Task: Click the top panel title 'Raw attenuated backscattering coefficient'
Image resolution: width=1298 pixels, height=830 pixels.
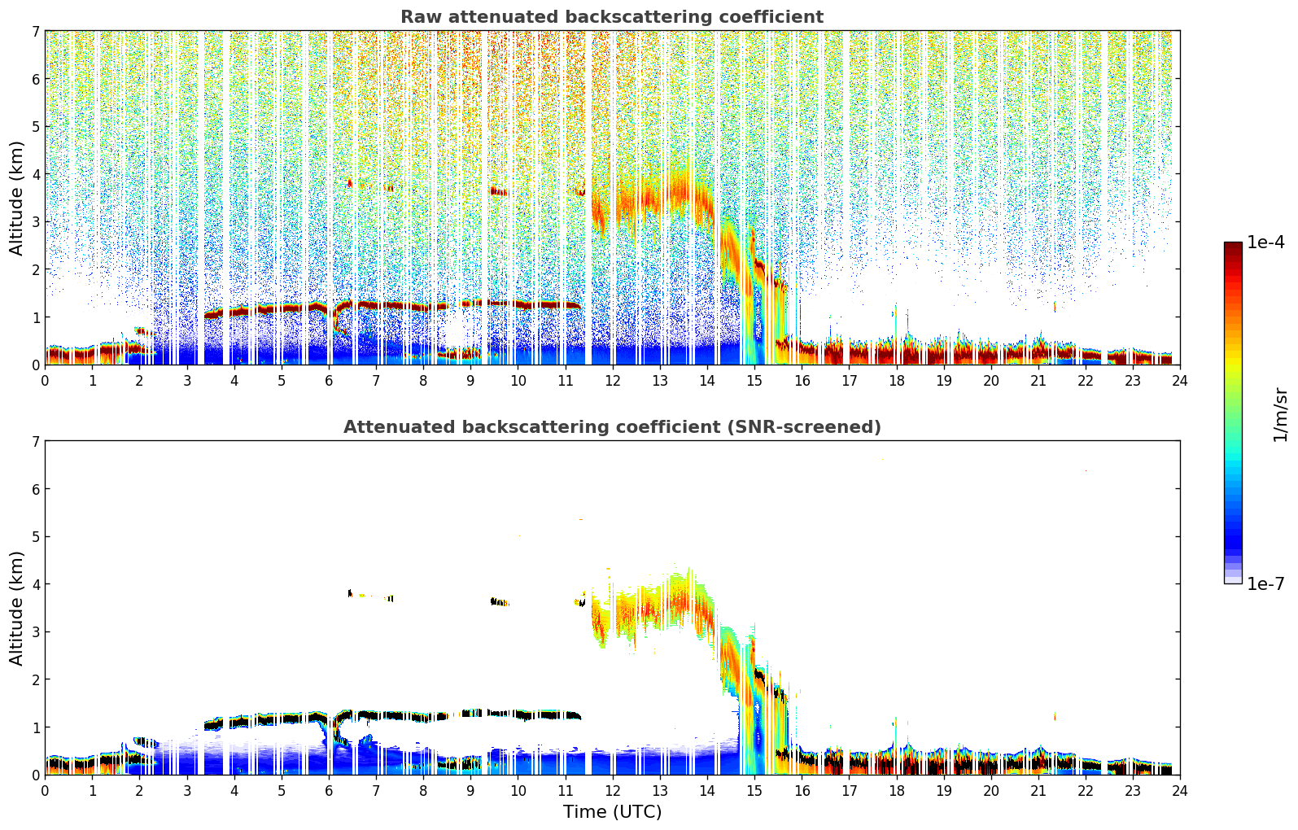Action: (611, 17)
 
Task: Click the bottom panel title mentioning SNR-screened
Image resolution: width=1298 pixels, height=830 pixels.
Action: (611, 427)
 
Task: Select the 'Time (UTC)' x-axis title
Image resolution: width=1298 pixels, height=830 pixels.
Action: (612, 811)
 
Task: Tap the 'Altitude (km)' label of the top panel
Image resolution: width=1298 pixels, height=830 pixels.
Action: (17, 198)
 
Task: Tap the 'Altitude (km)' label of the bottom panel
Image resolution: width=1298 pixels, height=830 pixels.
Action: (17, 608)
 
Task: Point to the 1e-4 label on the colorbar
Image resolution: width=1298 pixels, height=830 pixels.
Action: (1265, 242)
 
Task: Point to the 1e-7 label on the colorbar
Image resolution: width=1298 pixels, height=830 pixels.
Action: (1265, 583)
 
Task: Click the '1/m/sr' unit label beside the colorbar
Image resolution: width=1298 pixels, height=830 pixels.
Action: (1280, 414)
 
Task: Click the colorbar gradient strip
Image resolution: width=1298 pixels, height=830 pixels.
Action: (1233, 413)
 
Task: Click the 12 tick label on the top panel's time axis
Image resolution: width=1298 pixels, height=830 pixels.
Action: (612, 380)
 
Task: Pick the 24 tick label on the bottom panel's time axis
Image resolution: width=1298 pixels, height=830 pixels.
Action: (1180, 790)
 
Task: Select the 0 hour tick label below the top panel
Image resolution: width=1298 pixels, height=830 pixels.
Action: (45, 380)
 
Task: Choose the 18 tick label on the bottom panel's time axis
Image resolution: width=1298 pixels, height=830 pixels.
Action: (896, 790)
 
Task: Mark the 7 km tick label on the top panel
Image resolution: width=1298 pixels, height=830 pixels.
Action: (34, 31)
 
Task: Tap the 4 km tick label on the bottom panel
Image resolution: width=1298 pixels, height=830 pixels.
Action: (34, 584)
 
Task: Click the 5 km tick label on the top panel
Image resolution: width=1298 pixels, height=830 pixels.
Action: (34, 126)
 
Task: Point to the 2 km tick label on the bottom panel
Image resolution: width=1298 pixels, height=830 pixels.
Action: (34, 679)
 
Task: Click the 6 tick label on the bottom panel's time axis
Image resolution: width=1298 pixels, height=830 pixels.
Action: (329, 790)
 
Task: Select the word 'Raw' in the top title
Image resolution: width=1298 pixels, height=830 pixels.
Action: (418, 17)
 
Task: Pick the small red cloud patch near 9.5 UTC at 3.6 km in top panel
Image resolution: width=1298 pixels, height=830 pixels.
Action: (498, 192)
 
